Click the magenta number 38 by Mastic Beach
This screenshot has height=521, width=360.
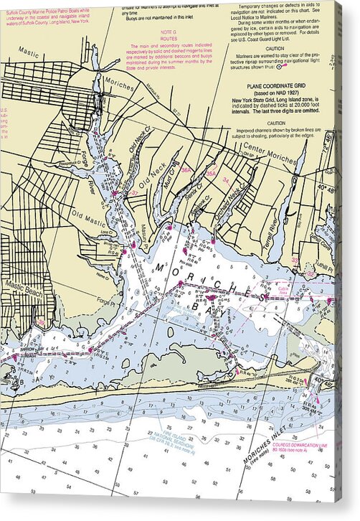[41, 322]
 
